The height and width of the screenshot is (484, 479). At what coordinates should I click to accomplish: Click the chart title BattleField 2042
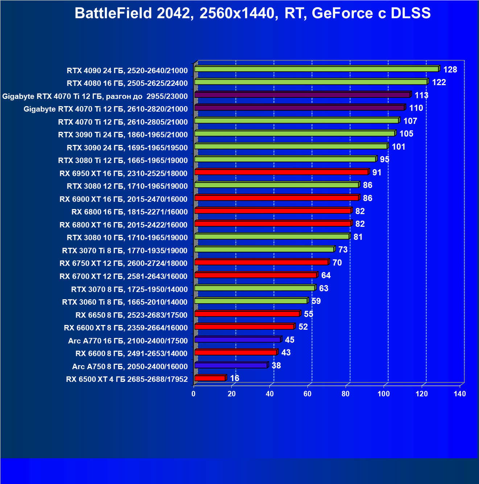click(252, 13)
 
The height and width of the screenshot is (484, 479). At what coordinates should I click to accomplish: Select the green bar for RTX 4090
click(316, 69)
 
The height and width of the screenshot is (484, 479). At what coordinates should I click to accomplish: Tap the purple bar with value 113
click(302, 95)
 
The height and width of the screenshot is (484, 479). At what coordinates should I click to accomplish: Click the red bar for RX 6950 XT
click(281, 172)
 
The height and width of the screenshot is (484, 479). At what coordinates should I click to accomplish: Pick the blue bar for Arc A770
click(238, 339)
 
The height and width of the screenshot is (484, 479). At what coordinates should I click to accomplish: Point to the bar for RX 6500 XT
click(210, 378)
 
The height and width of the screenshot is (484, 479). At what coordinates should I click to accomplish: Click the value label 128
click(450, 70)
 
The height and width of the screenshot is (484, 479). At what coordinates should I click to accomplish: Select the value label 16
click(235, 378)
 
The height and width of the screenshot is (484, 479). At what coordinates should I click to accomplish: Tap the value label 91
click(377, 172)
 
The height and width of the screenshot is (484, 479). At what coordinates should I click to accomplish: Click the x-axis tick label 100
click(384, 394)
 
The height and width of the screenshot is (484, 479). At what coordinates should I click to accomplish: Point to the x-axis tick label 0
click(194, 394)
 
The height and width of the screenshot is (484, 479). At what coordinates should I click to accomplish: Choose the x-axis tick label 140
click(460, 394)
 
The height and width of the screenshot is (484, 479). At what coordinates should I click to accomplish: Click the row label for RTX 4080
click(127, 83)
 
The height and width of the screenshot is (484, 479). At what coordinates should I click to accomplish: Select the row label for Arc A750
click(130, 367)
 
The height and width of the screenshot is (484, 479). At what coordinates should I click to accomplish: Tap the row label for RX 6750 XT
click(123, 263)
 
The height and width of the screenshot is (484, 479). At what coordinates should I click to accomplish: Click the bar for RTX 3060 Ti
click(251, 301)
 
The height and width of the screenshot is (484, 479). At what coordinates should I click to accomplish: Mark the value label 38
click(276, 366)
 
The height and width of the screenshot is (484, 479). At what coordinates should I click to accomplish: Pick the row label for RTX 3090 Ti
click(123, 135)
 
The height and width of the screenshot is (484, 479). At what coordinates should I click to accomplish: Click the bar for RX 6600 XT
click(244, 326)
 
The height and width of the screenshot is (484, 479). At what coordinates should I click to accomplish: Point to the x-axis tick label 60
click(307, 394)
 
